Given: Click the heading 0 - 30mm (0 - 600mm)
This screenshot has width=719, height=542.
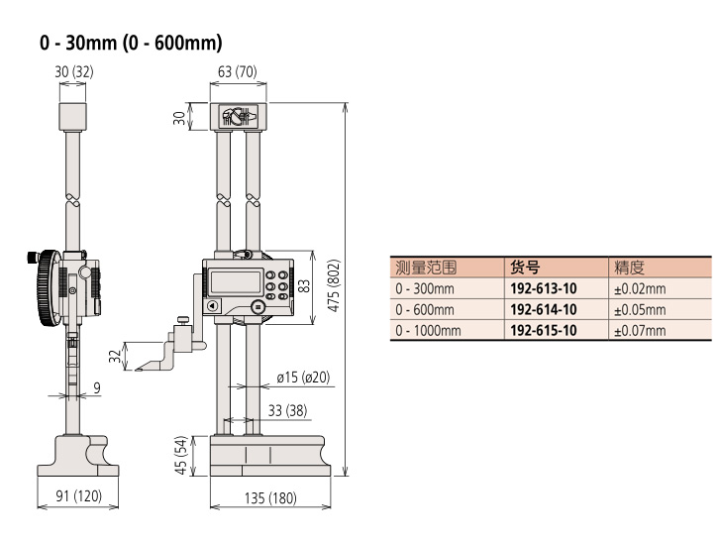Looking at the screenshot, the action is (x=131, y=43).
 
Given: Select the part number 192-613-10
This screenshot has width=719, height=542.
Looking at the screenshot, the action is (x=544, y=288).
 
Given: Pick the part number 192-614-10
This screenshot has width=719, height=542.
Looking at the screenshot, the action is (x=544, y=310).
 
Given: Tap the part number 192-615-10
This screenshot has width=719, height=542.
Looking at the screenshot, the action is (x=544, y=330).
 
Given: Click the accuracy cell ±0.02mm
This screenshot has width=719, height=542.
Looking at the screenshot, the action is (x=640, y=289).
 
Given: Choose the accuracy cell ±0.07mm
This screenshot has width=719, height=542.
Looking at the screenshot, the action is (x=640, y=330).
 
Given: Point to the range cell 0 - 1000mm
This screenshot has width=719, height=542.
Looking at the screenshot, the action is (x=428, y=330).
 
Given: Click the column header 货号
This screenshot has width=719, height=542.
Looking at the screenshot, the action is (x=525, y=268).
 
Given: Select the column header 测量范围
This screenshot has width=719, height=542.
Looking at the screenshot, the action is (x=426, y=268).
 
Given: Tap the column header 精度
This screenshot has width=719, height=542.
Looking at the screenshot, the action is (x=629, y=268).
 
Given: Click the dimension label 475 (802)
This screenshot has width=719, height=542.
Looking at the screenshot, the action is (x=335, y=286).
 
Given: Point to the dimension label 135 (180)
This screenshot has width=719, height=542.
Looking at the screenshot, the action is (x=270, y=498).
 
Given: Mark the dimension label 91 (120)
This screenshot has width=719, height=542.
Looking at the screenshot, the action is (x=78, y=495).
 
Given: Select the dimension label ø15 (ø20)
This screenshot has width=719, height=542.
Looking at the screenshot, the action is (x=303, y=378).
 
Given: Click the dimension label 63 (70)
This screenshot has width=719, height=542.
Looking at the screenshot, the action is (x=237, y=71).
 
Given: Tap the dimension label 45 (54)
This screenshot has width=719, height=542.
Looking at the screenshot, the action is (x=181, y=455).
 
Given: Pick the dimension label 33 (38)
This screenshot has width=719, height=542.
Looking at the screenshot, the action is (x=287, y=410).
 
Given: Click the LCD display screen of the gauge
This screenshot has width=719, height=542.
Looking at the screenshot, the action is (x=236, y=282).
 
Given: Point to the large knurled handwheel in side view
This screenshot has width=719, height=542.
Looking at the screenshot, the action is (x=49, y=287).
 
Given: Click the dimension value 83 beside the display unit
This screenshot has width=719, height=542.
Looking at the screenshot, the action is (x=304, y=286).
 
